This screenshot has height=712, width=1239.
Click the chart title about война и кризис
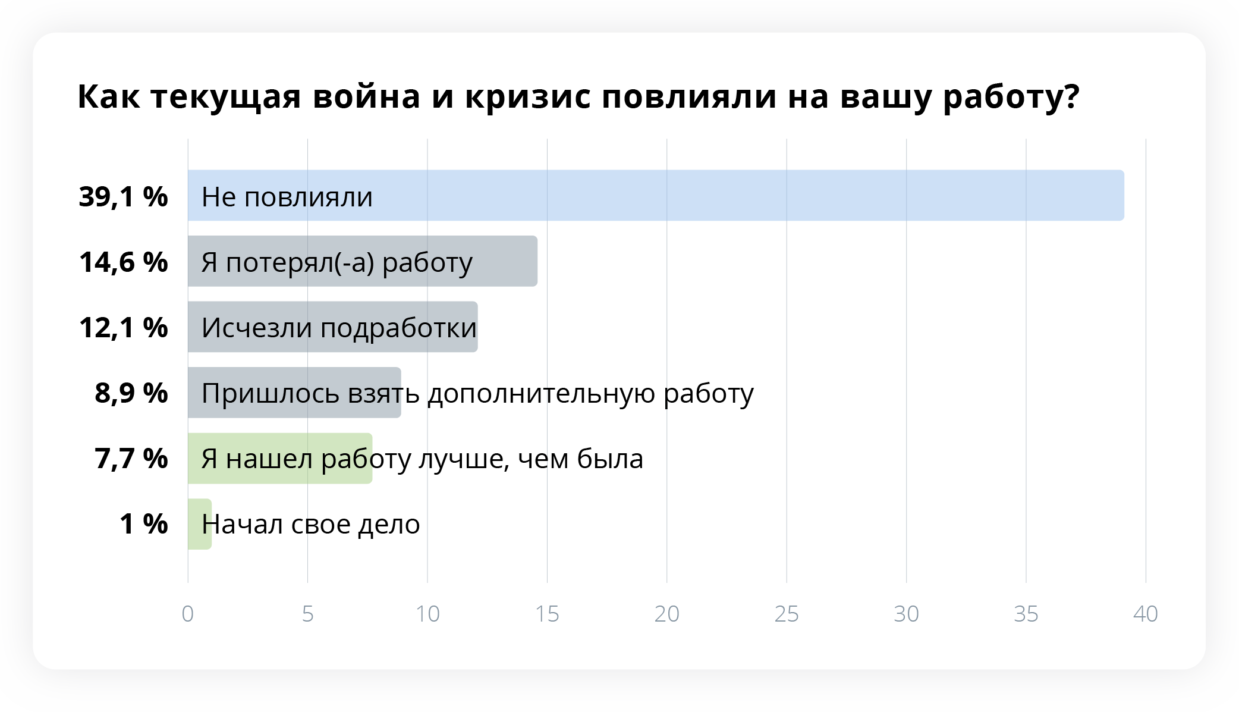[x=578, y=97]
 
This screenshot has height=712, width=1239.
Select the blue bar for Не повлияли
[x=656, y=196]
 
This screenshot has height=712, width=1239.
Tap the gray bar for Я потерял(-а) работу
[x=363, y=261]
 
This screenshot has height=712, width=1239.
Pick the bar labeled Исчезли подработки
[x=333, y=327]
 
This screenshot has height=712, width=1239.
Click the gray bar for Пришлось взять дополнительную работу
[x=294, y=393]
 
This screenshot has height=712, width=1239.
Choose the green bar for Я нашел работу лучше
[x=280, y=458]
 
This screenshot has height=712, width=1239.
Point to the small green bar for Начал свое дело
[x=200, y=524]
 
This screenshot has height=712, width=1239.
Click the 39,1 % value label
[x=124, y=196]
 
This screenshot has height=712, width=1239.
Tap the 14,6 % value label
[x=124, y=262]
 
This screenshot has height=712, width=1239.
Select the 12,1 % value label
[x=124, y=327]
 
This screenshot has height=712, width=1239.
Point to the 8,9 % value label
[x=131, y=393]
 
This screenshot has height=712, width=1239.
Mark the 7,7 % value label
[x=131, y=459]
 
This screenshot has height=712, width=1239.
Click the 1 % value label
[x=144, y=524]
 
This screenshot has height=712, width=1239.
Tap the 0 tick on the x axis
[x=188, y=614]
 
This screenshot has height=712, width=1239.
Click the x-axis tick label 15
[x=547, y=614]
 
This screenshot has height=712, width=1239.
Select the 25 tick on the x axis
[x=787, y=614]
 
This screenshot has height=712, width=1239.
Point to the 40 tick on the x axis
[x=1146, y=614]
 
